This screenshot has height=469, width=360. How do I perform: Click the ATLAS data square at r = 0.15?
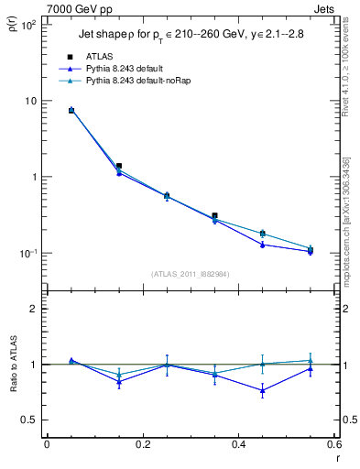click(x=119, y=166)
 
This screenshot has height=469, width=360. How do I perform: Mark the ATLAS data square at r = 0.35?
click(x=214, y=215)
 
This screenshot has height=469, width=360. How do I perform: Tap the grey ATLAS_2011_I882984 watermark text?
click(x=191, y=274)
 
